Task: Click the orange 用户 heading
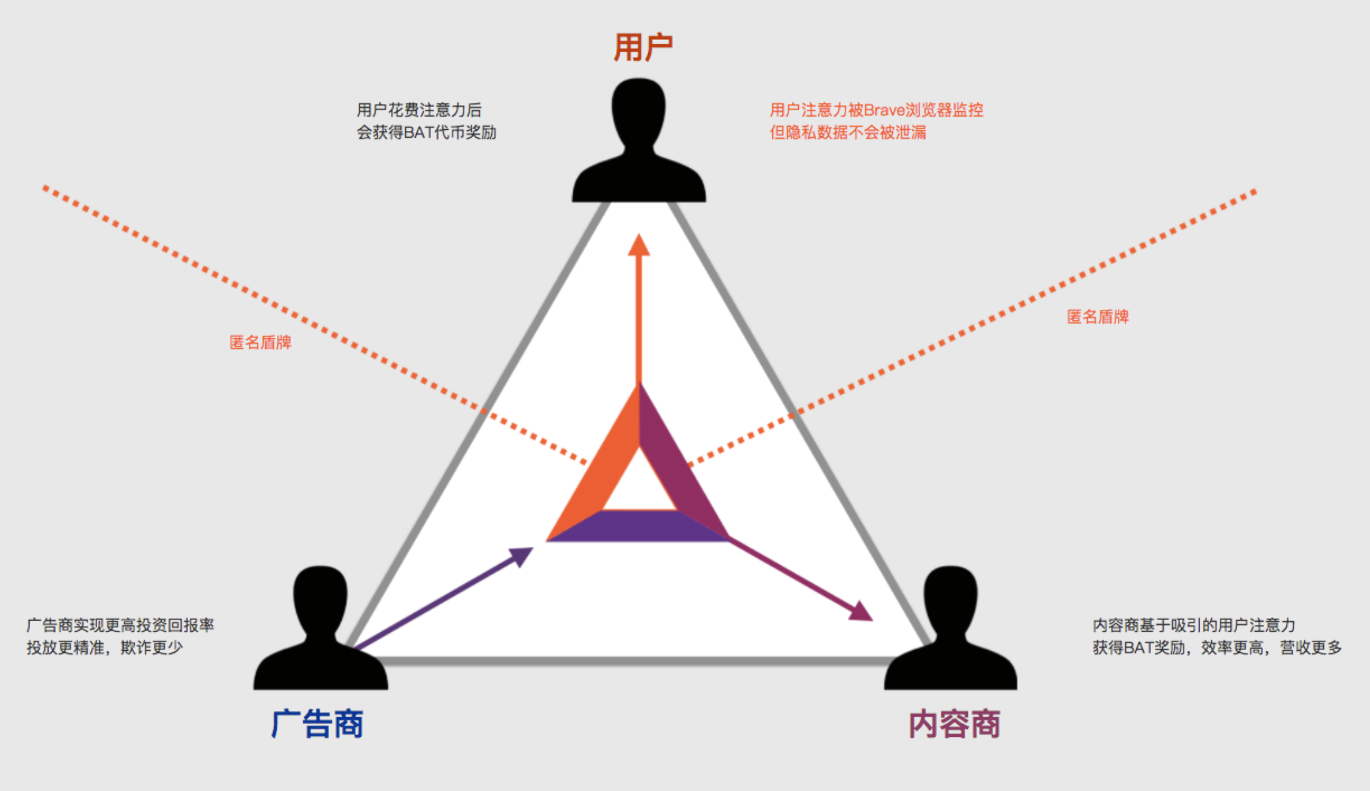pyautogui.click(x=643, y=47)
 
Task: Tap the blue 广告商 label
pyautogui.click(x=317, y=723)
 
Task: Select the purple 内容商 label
pyautogui.click(x=954, y=723)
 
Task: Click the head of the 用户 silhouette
pyautogui.click(x=638, y=111)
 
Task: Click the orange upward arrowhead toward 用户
pyautogui.click(x=639, y=244)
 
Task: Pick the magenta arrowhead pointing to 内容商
pyautogui.click(x=862, y=612)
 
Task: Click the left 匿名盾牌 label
pyautogui.click(x=260, y=343)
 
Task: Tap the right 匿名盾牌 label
pyautogui.click(x=1098, y=317)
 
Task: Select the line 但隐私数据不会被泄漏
pyautogui.click(x=848, y=132)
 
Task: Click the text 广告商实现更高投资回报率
pyautogui.click(x=120, y=626)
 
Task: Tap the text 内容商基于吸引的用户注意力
pyautogui.click(x=1194, y=626)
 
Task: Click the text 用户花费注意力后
pyautogui.click(x=419, y=110)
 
